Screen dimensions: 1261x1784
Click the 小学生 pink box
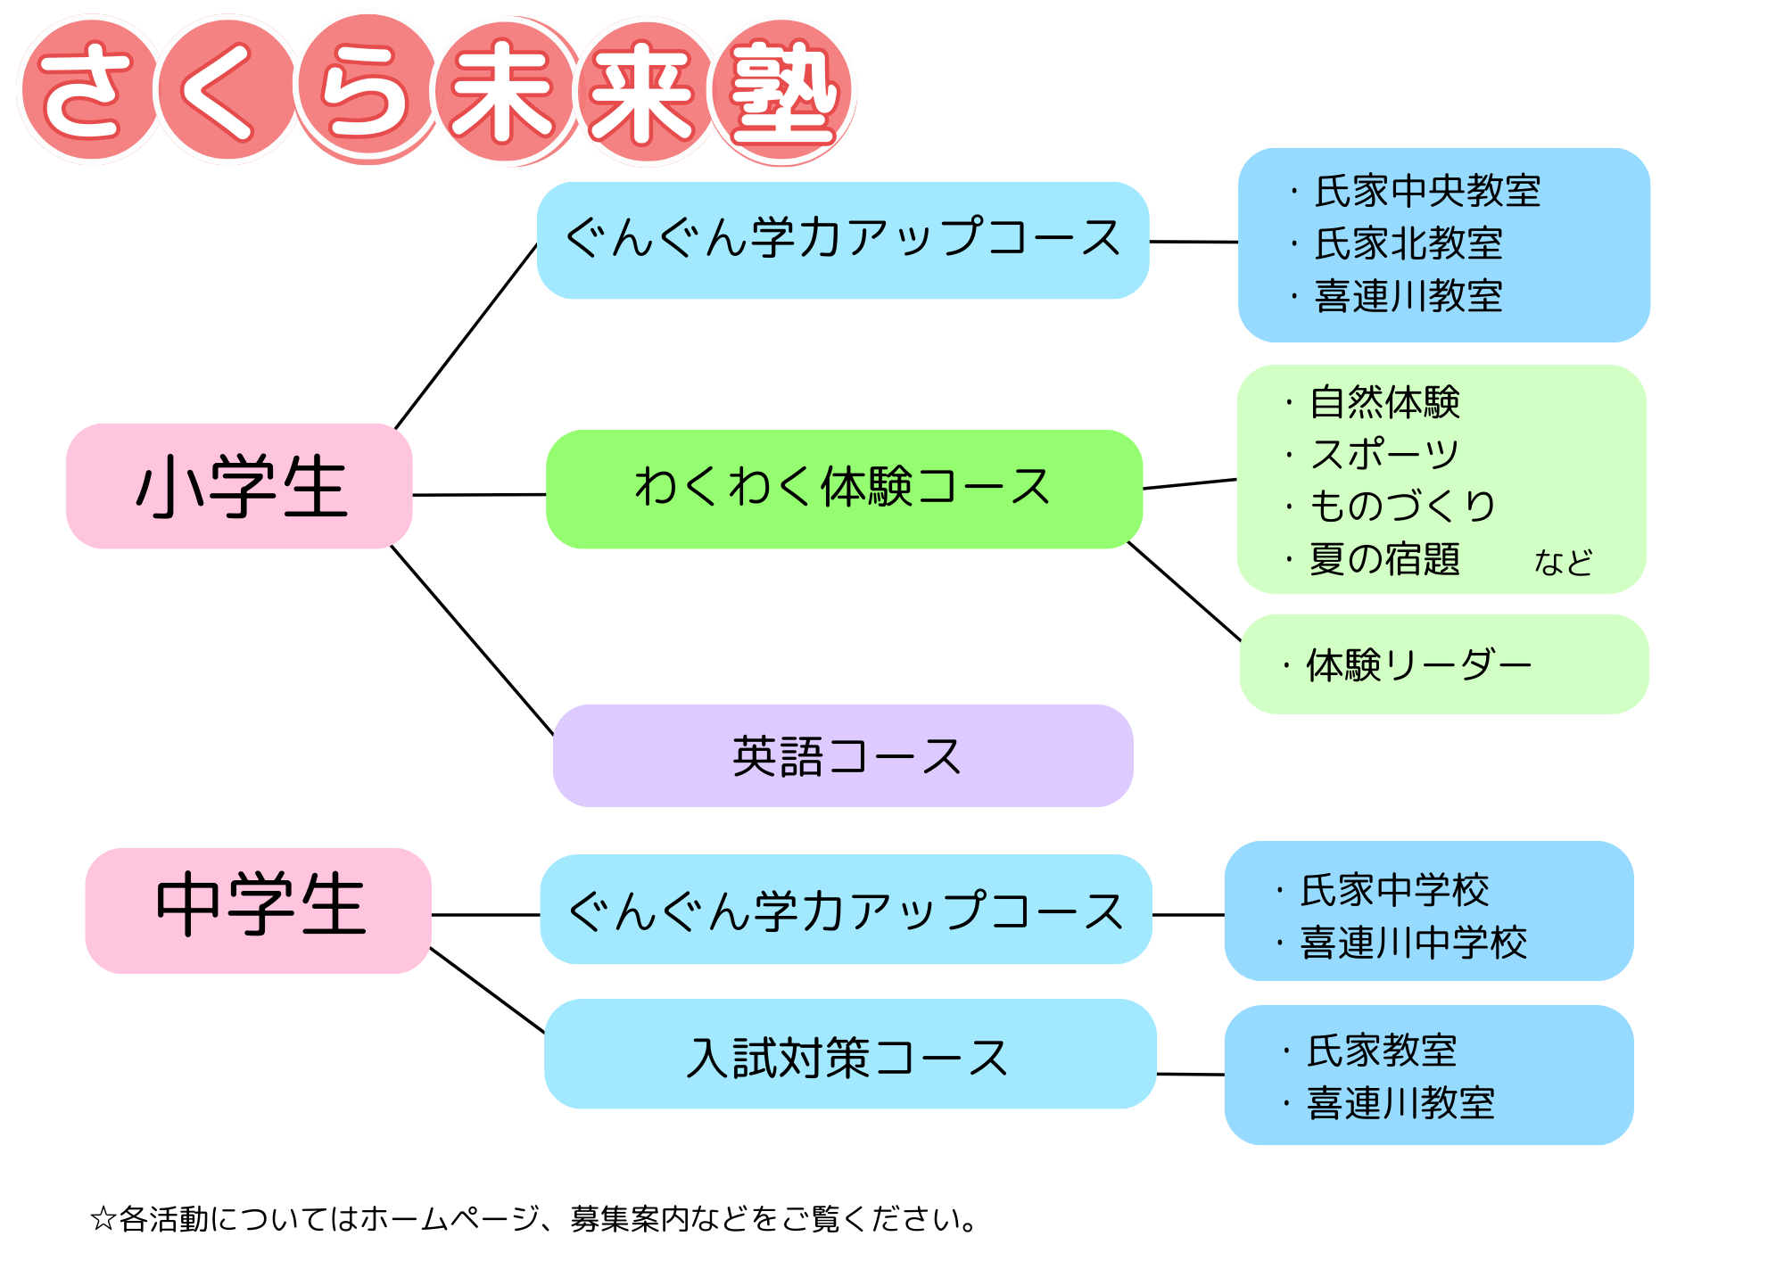point(239,486)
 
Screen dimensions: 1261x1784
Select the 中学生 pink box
point(259,910)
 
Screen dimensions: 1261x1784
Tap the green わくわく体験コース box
point(843,489)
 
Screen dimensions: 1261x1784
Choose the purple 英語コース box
point(843,756)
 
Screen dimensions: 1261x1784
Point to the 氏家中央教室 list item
point(1427,192)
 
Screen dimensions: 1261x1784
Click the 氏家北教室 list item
point(1409,243)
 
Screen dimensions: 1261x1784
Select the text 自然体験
point(1384,402)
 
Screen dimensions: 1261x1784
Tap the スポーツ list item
point(1384,454)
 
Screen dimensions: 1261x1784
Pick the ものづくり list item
point(1402,506)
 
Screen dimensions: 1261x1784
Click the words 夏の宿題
point(1384,559)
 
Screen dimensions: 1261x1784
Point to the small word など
point(1563,563)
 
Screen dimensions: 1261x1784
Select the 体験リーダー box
point(1443,664)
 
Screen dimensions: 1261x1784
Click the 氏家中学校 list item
point(1395,890)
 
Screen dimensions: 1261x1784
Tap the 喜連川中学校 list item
point(1414,943)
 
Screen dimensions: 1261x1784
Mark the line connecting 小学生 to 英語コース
point(473,641)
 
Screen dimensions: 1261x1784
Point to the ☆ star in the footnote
point(103,1218)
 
